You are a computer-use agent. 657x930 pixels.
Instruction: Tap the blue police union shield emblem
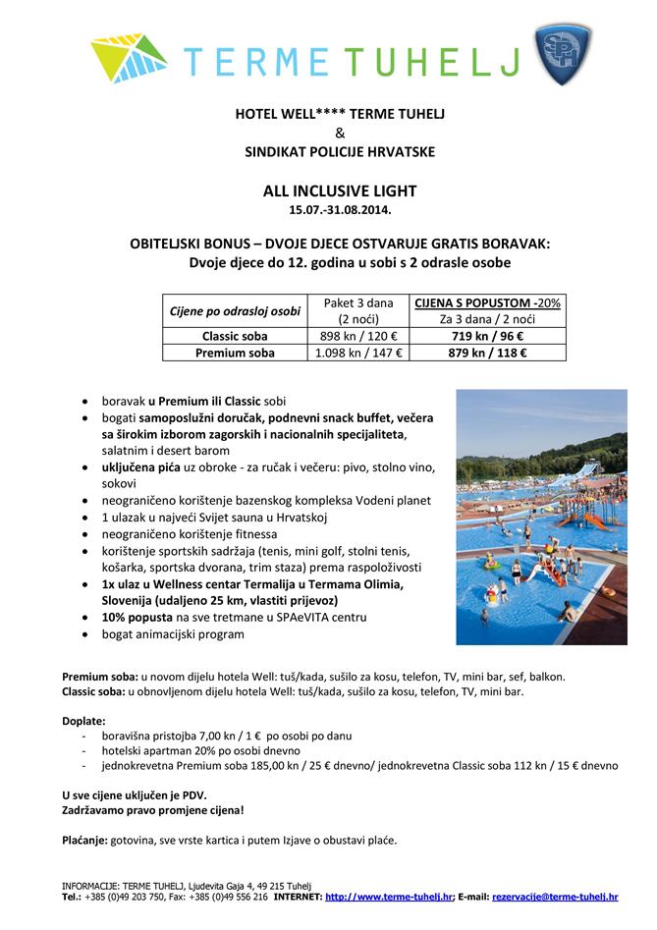click(x=564, y=54)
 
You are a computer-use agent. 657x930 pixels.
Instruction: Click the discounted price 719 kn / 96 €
click(x=487, y=336)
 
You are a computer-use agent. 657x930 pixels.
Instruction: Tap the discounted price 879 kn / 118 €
click(x=487, y=353)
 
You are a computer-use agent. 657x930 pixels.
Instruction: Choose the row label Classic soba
click(x=235, y=336)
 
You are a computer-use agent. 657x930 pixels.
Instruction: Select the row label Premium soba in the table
click(x=235, y=353)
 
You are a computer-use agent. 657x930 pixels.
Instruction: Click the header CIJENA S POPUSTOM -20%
click(x=487, y=302)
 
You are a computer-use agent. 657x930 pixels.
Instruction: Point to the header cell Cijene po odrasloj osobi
click(x=235, y=311)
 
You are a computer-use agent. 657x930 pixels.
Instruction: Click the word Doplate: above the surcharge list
click(x=83, y=720)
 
